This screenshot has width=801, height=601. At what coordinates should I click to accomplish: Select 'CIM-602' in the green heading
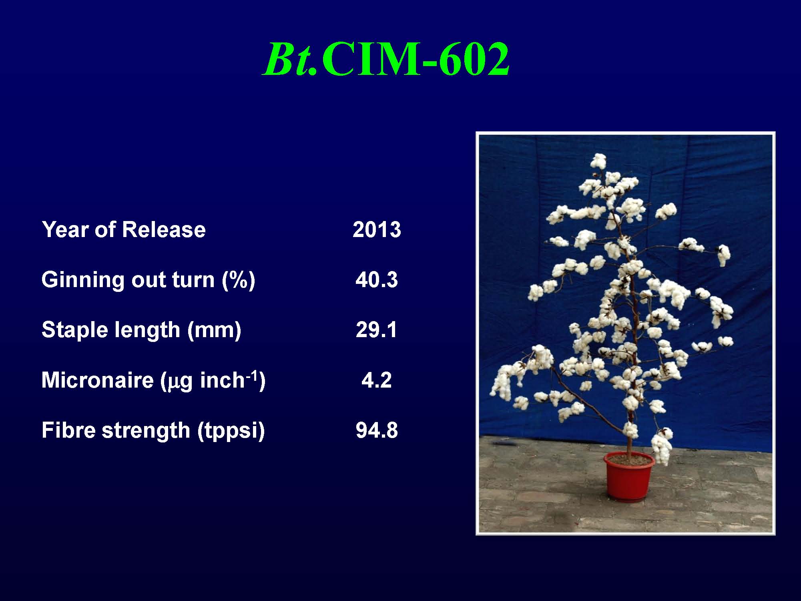pyautogui.click(x=415, y=59)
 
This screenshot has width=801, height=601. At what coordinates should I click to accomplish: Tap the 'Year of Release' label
pyautogui.click(x=124, y=229)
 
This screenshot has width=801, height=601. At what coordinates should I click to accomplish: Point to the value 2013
pyautogui.click(x=377, y=229)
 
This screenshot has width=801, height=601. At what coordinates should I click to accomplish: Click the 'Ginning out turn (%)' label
pyautogui.click(x=148, y=279)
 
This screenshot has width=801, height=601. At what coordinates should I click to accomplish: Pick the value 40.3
pyautogui.click(x=377, y=279)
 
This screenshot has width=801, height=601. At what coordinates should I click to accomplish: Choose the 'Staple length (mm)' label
pyautogui.click(x=141, y=330)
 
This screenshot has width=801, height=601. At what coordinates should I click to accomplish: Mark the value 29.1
pyautogui.click(x=377, y=330)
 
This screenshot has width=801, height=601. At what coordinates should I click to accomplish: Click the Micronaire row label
pyautogui.click(x=153, y=380)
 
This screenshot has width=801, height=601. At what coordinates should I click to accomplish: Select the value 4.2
pyautogui.click(x=377, y=380)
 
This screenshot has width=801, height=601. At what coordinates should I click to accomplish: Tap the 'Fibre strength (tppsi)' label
pyautogui.click(x=153, y=430)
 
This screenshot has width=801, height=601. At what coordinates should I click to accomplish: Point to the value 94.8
pyautogui.click(x=377, y=430)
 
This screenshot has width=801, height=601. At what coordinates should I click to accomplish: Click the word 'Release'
pyautogui.click(x=164, y=229)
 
